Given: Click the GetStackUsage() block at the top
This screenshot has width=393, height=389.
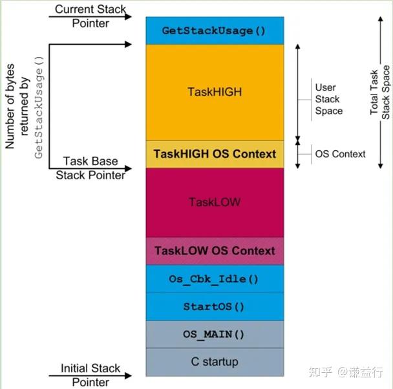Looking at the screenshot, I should coord(214,30).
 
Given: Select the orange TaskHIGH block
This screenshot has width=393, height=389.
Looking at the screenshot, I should coord(214,92).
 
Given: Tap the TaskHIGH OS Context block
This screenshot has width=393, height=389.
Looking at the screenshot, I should coord(214,154).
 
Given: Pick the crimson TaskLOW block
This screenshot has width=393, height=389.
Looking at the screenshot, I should coord(214,202).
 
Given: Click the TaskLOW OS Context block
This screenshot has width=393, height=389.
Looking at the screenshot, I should coord(214,250).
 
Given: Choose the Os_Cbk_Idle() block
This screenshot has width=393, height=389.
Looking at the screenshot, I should coord(214,279).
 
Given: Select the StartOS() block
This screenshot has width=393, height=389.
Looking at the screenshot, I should coord(214,306).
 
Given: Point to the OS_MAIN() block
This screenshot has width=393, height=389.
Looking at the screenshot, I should coord(214,335).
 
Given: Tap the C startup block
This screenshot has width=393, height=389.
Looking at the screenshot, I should coord(214,362).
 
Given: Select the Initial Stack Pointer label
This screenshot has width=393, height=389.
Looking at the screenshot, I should coord(90,375).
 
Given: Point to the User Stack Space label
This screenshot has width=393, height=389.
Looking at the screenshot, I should coord(328,99).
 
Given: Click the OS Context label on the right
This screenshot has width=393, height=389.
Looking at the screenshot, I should coord(340,154).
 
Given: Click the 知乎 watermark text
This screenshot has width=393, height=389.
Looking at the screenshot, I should coord(321,372).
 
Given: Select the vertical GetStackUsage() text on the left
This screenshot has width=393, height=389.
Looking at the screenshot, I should coord(38,107).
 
